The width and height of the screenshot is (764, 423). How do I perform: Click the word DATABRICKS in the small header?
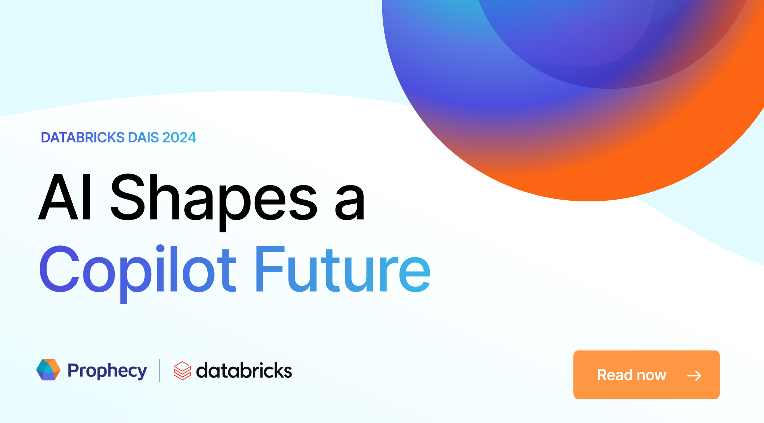[x=83, y=138]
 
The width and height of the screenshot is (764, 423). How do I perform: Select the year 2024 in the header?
[x=179, y=138]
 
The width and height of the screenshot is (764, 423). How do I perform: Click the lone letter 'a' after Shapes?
[x=349, y=202]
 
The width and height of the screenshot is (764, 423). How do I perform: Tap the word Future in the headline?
[x=343, y=269]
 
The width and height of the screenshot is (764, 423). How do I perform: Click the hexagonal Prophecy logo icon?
[x=48, y=370]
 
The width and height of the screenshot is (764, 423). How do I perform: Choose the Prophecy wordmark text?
[x=107, y=371]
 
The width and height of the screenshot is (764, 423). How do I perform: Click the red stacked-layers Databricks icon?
[x=182, y=371]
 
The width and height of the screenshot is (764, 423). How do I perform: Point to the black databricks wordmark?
[x=244, y=371]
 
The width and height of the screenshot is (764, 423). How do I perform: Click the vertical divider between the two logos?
[x=160, y=370]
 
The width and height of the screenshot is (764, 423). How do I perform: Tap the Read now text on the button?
[x=631, y=375]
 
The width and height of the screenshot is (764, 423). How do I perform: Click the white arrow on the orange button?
[x=694, y=376]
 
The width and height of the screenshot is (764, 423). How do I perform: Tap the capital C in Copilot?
[x=59, y=269]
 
